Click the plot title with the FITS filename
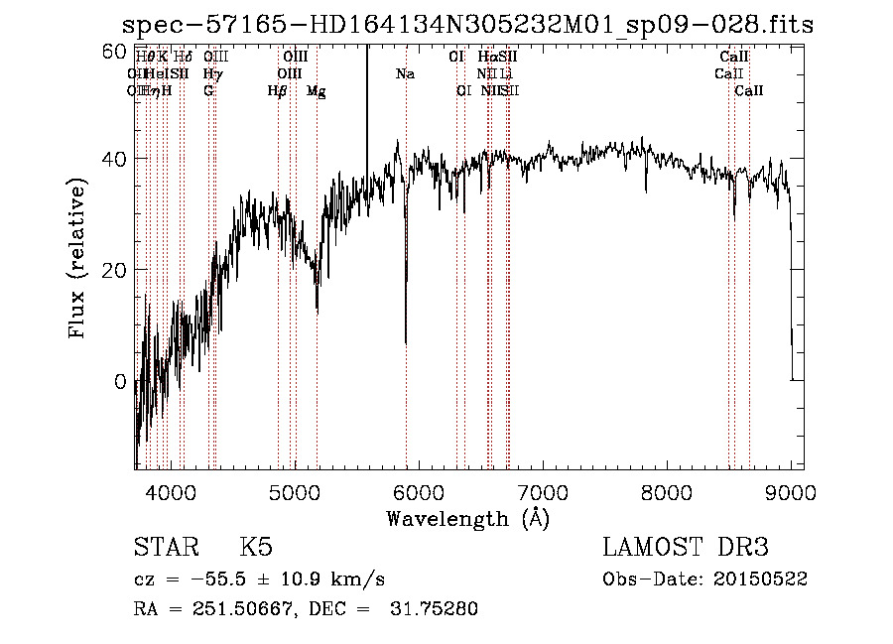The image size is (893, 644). click(466, 26)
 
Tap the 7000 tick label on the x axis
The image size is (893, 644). click(543, 491)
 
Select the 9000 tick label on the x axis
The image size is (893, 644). click(791, 491)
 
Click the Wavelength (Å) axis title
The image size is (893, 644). click(467, 518)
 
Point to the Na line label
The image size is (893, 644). click(405, 74)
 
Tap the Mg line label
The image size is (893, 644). click(316, 91)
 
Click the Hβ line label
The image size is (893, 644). click(278, 91)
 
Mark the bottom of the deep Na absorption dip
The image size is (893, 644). click(406, 342)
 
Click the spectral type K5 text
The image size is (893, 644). click(256, 548)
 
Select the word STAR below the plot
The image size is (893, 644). click(164, 548)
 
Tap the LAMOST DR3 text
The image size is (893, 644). click(686, 548)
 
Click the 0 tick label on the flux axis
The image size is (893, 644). click(120, 381)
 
